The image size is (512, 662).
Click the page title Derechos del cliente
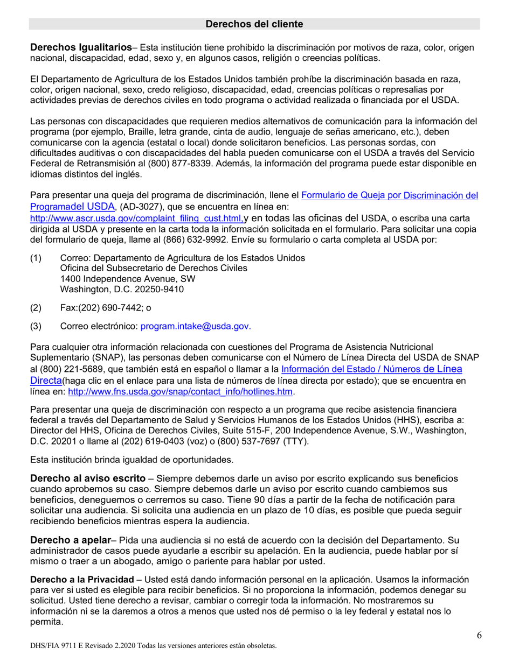pos(254,24)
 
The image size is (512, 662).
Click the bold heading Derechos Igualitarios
pos(81,47)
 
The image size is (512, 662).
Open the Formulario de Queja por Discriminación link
pos(389,196)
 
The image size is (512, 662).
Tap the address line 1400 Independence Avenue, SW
pos(128,279)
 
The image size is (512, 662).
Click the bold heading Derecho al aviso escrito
pos(87,478)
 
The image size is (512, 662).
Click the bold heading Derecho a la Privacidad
pos(81,580)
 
